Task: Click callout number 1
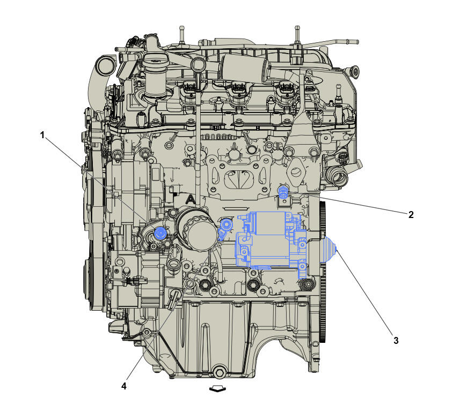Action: point(42,135)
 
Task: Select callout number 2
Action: point(411,214)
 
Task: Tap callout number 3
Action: point(396,341)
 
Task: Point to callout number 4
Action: point(124,386)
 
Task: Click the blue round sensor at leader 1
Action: point(160,233)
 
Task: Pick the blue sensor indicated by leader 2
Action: point(283,192)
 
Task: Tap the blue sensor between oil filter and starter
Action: point(225,227)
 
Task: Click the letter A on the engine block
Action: point(189,199)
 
